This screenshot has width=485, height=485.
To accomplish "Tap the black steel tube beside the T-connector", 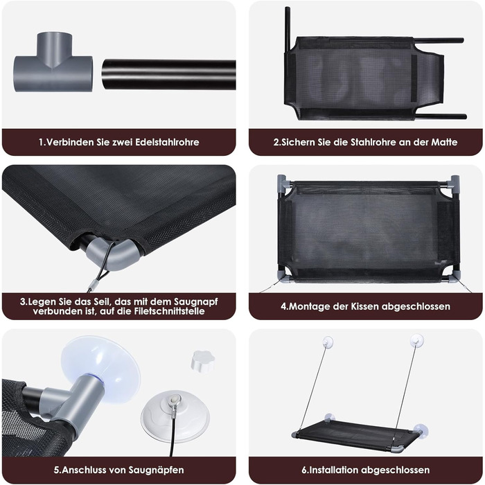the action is tap(169, 75).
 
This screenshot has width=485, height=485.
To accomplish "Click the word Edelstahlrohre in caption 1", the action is tap(168, 142).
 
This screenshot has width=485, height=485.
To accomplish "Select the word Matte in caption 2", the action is tap(445, 142).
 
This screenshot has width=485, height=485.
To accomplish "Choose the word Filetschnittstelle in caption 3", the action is tap(170, 311).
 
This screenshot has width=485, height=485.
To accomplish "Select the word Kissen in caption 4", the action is tap(364, 306).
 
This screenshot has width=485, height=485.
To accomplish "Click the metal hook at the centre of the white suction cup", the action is tap(173, 401).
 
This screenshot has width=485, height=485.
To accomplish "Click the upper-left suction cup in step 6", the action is tap(327, 341).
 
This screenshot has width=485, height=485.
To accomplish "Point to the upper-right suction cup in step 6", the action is tap(417, 339).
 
